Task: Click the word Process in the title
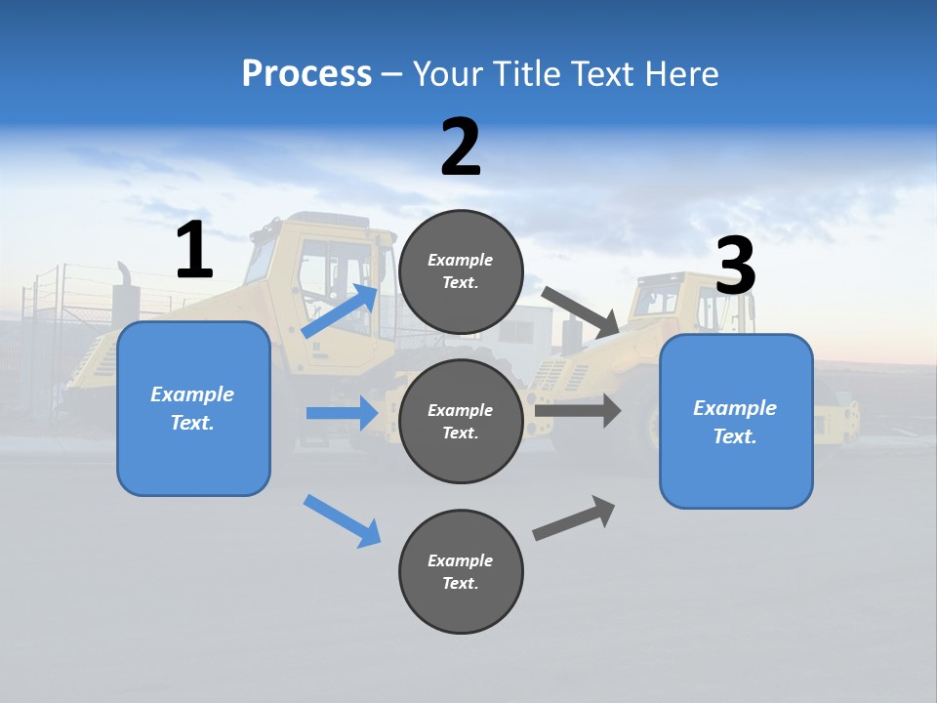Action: click(306, 74)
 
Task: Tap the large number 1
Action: click(194, 250)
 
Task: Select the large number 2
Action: click(461, 147)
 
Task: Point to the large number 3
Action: click(735, 268)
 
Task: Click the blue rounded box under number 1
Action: click(193, 408)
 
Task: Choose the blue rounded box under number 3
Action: click(736, 422)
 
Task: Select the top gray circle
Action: click(461, 271)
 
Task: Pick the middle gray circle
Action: click(461, 421)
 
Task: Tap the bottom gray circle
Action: click(461, 571)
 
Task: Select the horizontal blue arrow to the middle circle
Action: click(342, 413)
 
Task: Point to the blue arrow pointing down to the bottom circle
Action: click(342, 520)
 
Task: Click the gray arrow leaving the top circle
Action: click(580, 312)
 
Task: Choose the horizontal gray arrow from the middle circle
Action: click(578, 411)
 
